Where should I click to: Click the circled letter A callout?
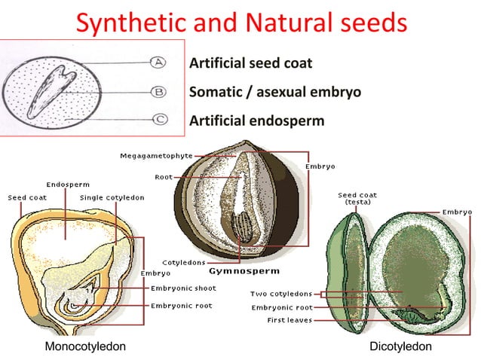(160, 62)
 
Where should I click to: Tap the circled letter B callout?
(160, 92)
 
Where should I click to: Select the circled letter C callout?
(160, 119)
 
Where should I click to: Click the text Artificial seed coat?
(250, 63)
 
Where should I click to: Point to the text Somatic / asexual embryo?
(274, 92)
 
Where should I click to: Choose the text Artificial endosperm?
(256, 121)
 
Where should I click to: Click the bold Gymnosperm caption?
(244, 270)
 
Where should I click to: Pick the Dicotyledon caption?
(400, 346)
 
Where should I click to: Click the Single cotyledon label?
(112, 197)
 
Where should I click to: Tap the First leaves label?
(290, 320)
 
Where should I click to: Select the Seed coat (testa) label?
(357, 199)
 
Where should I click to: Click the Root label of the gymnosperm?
(164, 177)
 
